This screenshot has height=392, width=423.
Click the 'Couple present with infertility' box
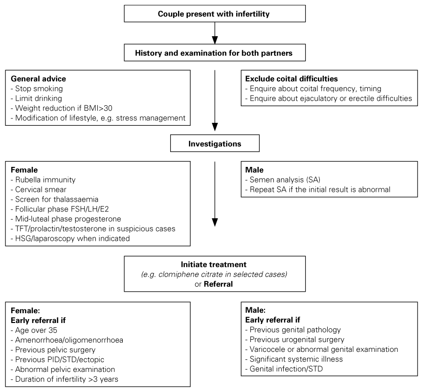pos(215,14)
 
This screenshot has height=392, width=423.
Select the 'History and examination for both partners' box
pos(215,53)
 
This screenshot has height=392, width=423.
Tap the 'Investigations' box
pos(215,143)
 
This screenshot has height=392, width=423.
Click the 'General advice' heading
pos(38,79)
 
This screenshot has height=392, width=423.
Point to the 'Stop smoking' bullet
pos(37,89)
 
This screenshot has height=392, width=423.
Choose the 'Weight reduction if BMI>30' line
pos(62,108)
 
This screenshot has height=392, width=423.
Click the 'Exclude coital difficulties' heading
pos(291,79)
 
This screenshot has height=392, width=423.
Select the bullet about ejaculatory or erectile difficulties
pos(329,98)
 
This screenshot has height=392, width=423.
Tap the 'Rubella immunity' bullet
pos(43,180)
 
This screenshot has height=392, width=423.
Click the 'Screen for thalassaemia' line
pos(54,199)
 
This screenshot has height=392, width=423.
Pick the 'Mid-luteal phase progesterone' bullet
pos(66,219)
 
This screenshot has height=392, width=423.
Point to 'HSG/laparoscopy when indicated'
pos(70,238)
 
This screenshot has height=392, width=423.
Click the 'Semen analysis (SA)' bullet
pos(283,180)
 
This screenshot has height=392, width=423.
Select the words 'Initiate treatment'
pos(214,265)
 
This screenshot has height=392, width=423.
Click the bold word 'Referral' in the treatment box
pos(218,284)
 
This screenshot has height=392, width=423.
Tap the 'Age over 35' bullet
pos(34,330)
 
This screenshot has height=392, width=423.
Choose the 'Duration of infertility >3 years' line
pos(65,379)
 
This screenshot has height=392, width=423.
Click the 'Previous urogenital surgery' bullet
pos(295,339)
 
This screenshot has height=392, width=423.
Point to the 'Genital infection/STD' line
pos(284,369)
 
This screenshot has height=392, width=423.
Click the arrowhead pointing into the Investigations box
pos(215,127)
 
